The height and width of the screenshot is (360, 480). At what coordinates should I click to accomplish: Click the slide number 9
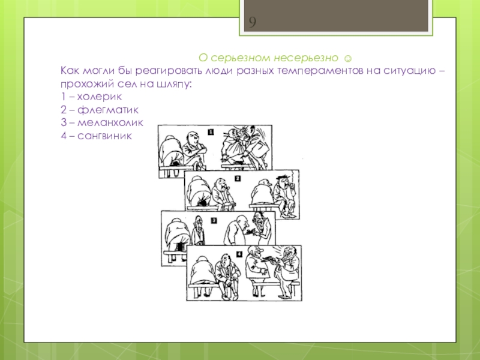(252, 22)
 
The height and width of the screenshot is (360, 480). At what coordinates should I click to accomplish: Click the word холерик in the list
(100, 97)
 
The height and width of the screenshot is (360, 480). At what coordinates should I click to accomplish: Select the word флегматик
(108, 110)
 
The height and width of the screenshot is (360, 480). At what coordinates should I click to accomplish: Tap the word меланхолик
(110, 122)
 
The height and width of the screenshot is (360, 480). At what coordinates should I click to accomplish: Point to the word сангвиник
(104, 136)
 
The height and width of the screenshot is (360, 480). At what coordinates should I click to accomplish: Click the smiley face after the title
(348, 58)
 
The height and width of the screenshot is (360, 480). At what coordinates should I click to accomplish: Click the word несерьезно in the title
(306, 58)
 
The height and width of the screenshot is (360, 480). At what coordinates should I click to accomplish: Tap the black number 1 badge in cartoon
(211, 132)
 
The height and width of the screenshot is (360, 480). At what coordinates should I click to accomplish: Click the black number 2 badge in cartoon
(238, 178)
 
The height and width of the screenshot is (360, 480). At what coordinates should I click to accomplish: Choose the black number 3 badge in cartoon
(214, 220)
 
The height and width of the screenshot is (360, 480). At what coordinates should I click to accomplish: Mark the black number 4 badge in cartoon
(239, 254)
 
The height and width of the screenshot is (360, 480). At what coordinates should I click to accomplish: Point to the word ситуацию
(410, 71)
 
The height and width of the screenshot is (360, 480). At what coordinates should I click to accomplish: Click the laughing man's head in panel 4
(289, 253)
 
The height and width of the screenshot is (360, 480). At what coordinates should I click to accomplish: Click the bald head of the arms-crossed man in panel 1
(193, 137)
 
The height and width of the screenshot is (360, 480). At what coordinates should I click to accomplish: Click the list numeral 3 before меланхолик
(64, 122)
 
